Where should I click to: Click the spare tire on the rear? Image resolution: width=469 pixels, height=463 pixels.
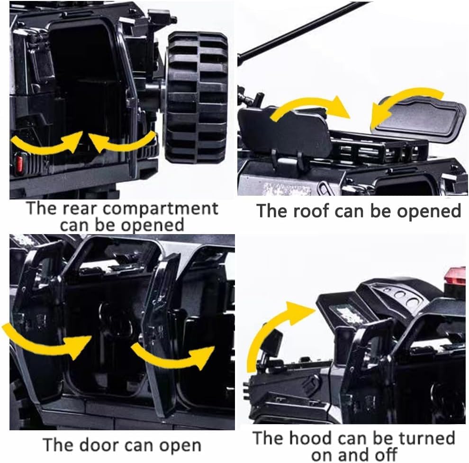pyautogui.click(x=197, y=97)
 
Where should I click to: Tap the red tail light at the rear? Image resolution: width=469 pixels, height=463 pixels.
pyautogui.click(x=19, y=163)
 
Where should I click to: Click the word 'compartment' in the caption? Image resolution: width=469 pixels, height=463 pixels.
pyautogui.click(x=160, y=209)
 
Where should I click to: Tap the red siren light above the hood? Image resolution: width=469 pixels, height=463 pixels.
pyautogui.click(x=455, y=276)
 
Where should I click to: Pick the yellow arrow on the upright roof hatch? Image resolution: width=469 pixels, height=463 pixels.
pyautogui.click(x=311, y=108)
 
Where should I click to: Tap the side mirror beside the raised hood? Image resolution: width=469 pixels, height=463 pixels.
pyautogui.click(x=271, y=342)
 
